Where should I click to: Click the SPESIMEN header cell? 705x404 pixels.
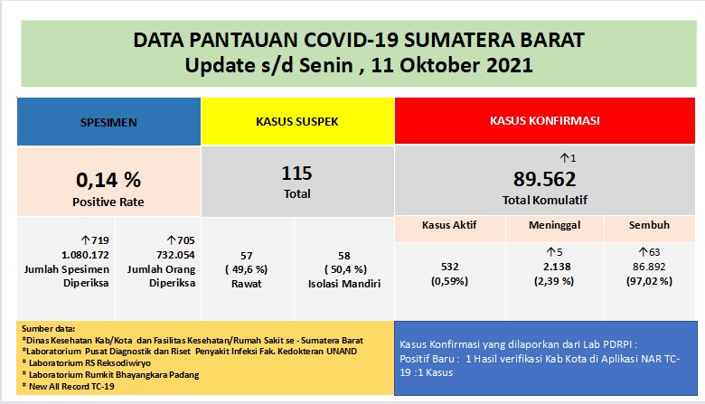(x=108, y=120)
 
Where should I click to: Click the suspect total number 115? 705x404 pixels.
(x=296, y=173)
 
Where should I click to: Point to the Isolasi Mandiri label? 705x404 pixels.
(x=344, y=283)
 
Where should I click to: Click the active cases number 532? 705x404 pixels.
(x=449, y=267)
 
